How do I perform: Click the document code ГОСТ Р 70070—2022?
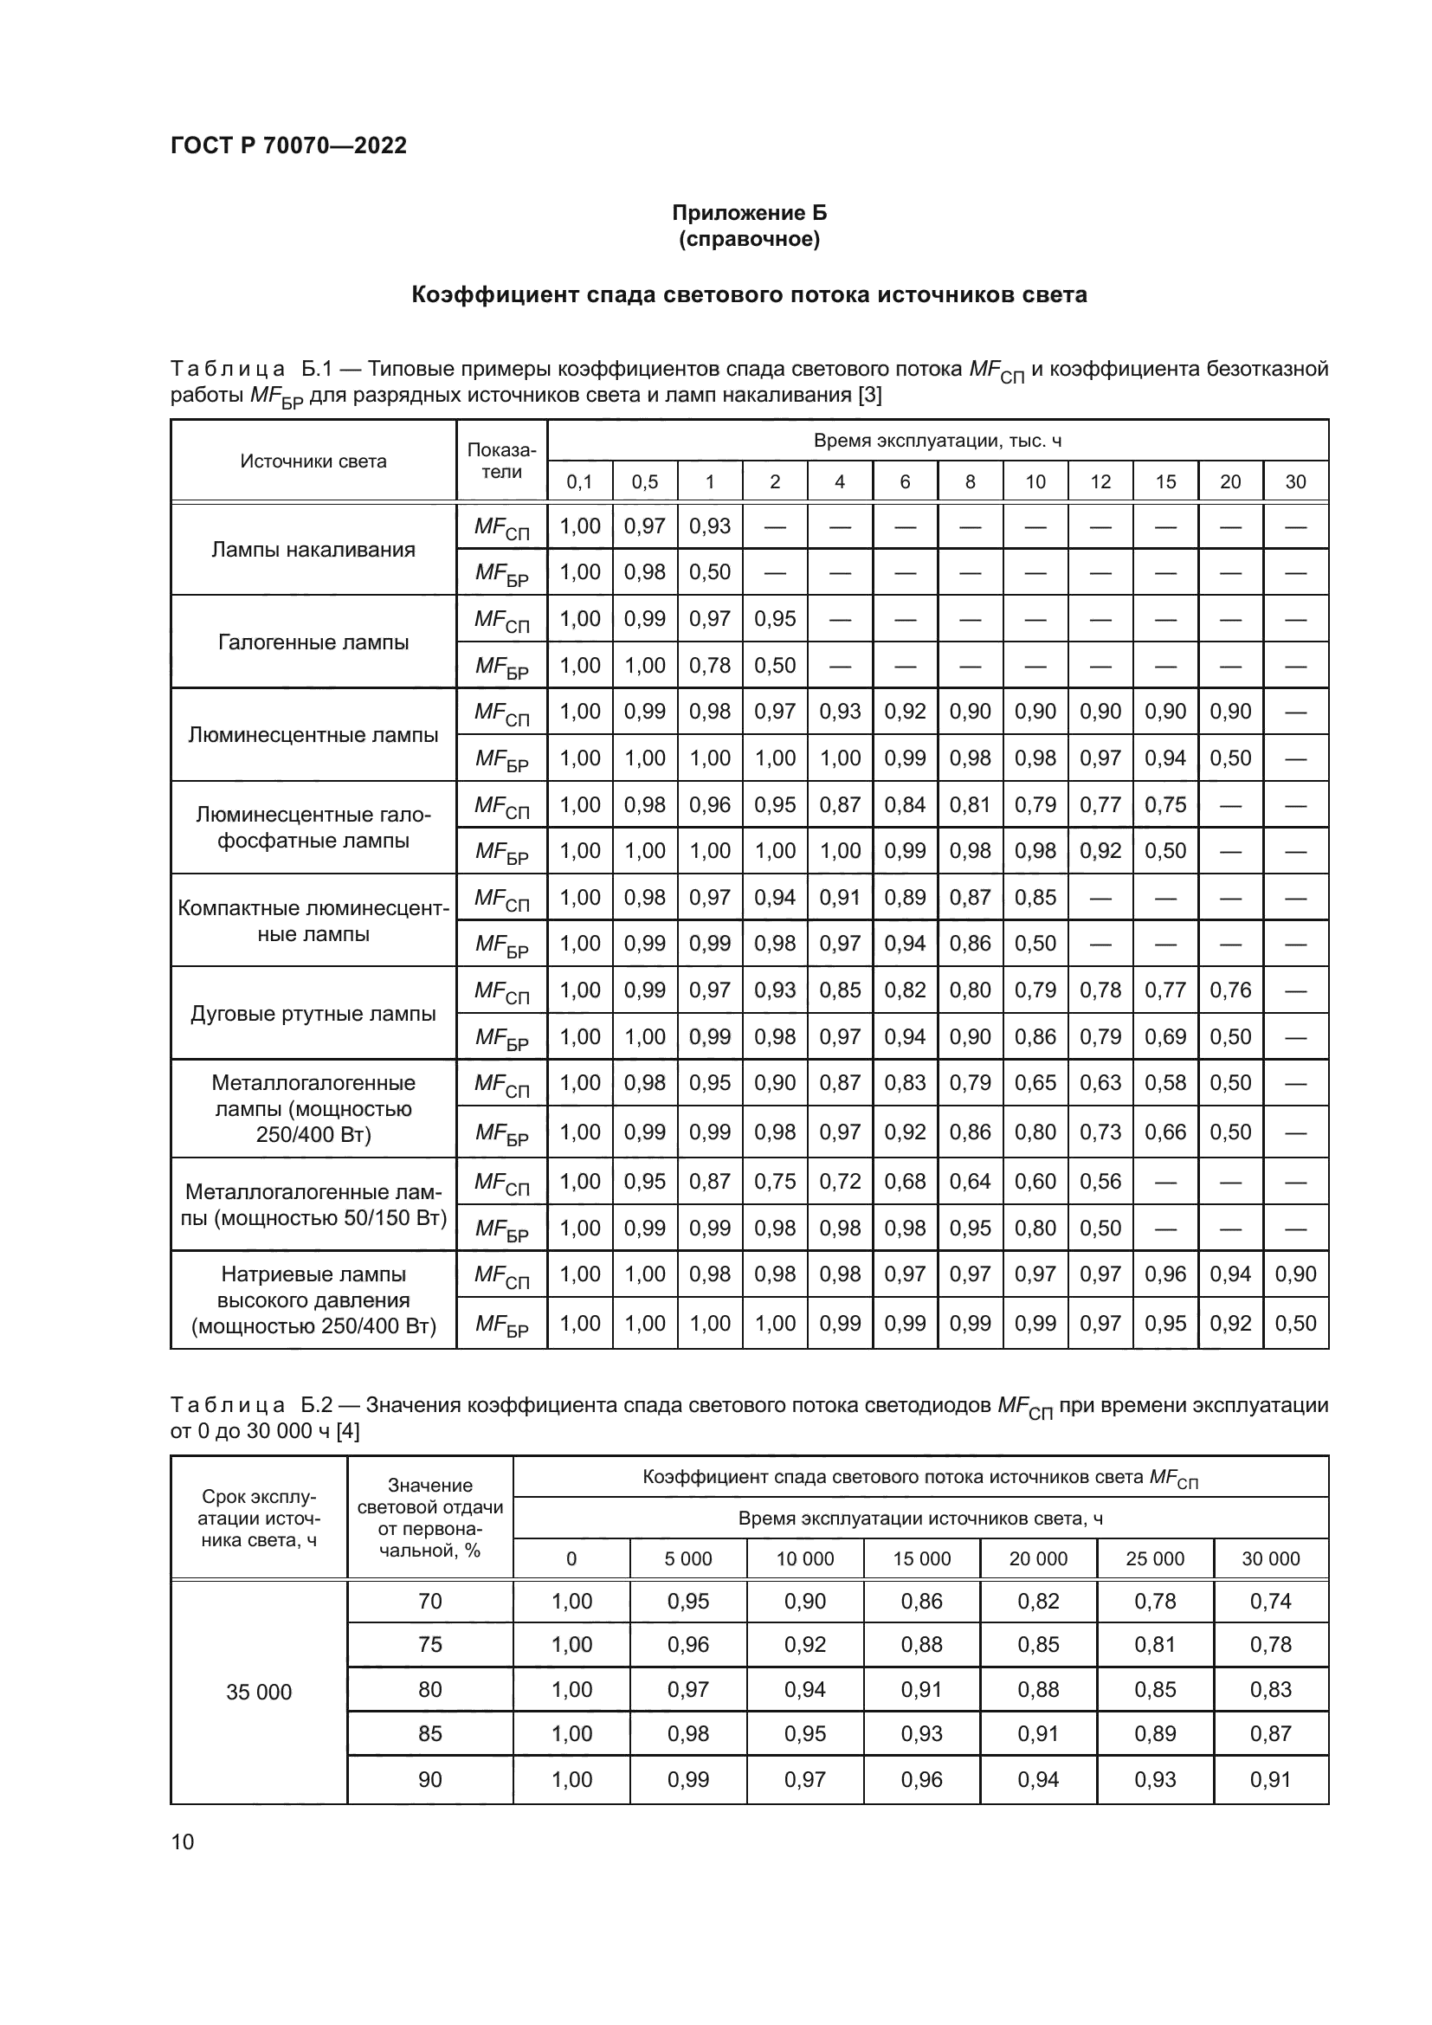[x=288, y=145]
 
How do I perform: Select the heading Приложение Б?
[x=749, y=213]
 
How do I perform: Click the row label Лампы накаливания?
[x=313, y=550]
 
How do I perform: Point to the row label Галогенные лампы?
[x=313, y=642]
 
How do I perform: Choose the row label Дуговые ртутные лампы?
[x=313, y=1014]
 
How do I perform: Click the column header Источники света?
[x=313, y=461]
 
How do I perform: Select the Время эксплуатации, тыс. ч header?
[x=937, y=441]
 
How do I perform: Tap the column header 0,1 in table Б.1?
[x=579, y=481]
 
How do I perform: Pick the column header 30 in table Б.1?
[x=1294, y=481]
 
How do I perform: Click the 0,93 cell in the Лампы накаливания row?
[x=710, y=526]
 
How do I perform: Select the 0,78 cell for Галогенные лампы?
[x=710, y=665]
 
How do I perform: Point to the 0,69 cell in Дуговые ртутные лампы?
[x=1164, y=1036]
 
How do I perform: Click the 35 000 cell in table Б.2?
[x=258, y=1692]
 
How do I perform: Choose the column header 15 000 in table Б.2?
[x=921, y=1558]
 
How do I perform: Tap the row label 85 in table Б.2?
[x=429, y=1733]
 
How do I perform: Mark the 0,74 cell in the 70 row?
[x=1270, y=1601]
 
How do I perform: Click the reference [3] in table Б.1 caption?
[x=869, y=395]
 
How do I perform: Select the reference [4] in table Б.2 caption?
[x=347, y=1431]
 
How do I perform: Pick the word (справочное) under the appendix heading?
[x=749, y=239]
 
